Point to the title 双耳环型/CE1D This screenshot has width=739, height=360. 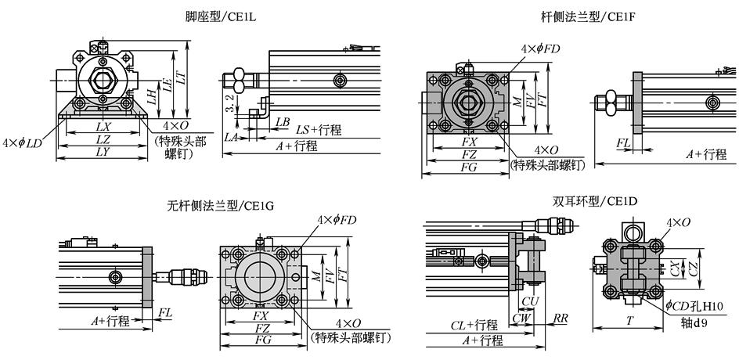[594, 201]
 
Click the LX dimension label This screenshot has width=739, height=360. [102, 125]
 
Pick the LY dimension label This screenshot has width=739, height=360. [102, 152]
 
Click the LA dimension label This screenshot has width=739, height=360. [231, 137]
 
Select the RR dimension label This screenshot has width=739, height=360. [561, 319]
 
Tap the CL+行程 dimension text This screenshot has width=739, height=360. [474, 324]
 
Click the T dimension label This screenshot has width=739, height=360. [630, 319]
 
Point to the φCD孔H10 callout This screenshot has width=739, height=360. [697, 305]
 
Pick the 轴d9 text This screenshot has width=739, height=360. [690, 322]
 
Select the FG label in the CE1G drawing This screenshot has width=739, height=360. [262, 340]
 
